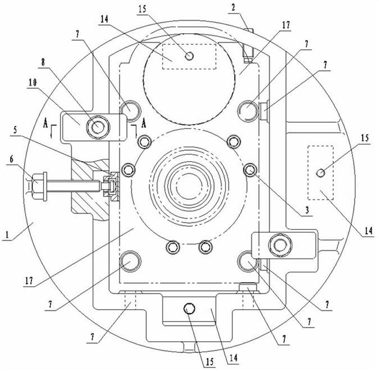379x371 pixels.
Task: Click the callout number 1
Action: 7,235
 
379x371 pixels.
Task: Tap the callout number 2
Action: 233,7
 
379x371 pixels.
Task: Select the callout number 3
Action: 307,210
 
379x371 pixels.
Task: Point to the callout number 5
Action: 15,130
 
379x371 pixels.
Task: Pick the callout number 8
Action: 43,63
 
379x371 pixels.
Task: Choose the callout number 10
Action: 33,82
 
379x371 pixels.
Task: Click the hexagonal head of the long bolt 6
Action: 37,186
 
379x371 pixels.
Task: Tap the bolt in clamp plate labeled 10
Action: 98,127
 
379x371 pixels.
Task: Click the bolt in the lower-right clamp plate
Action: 280,245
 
